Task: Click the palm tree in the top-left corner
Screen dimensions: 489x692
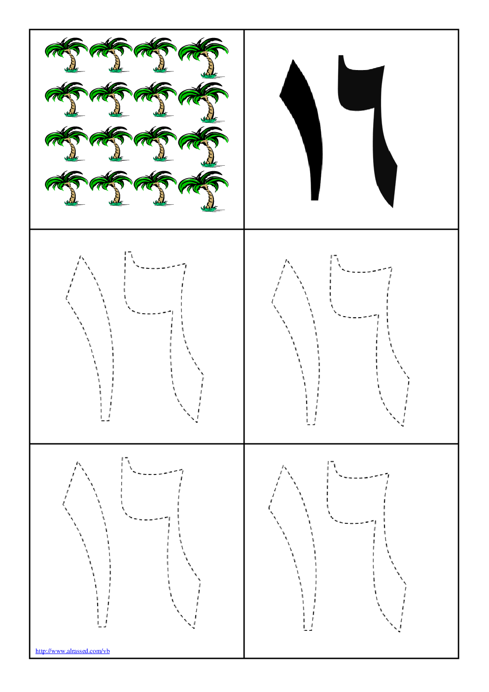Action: pos(67,55)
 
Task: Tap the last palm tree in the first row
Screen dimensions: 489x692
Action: pos(204,58)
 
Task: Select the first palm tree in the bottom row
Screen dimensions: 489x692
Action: pos(67,188)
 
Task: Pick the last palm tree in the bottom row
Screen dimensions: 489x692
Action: pos(204,191)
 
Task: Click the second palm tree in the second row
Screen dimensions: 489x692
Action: pos(111,99)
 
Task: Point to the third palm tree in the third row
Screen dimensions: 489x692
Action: pos(156,144)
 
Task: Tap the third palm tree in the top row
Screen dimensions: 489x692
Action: pos(156,55)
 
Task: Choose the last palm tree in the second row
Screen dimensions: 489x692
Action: pos(204,102)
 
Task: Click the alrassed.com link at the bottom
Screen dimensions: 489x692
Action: pos(72,651)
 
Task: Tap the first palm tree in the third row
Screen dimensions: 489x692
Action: pos(67,144)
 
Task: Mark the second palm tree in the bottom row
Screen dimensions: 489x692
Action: pos(111,188)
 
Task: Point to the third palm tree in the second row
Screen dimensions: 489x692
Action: pos(156,99)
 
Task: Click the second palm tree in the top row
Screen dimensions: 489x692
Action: pos(111,55)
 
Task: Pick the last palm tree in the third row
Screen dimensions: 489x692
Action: pos(204,146)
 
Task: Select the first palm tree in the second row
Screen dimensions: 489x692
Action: pos(67,99)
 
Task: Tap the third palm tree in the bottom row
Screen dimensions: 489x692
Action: pos(156,188)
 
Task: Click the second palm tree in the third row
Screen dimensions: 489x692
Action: pos(111,144)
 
